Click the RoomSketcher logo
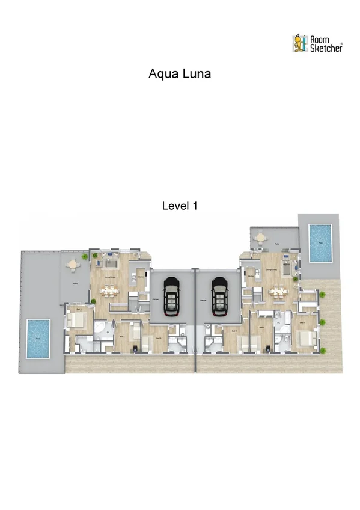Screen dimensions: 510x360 (x=317, y=43)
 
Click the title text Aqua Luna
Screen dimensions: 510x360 (x=180, y=73)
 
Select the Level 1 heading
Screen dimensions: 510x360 (x=180, y=206)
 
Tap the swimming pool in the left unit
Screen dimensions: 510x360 (x=38, y=338)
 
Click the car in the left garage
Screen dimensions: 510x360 (x=172, y=296)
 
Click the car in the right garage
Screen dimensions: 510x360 (x=219, y=296)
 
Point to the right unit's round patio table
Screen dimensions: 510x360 (x=260, y=238)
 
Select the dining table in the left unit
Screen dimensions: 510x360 (x=109, y=291)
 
